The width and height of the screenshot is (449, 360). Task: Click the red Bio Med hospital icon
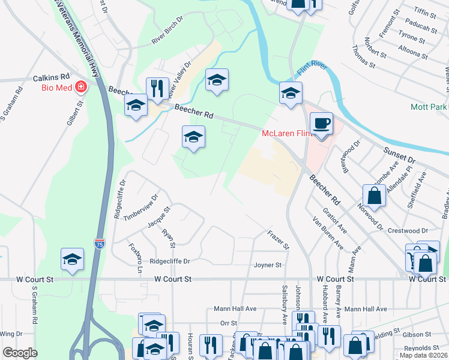coord(80,88)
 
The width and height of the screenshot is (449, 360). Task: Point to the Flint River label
coord(312,68)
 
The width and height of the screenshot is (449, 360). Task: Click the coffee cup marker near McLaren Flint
coord(322,123)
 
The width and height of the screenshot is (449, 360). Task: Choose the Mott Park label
coord(429,107)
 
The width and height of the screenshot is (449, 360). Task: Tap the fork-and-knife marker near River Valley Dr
coord(157,88)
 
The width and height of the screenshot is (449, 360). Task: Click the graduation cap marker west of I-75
coord(72,259)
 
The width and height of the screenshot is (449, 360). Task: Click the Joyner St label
coord(267,265)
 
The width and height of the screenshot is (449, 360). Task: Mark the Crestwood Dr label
coord(408,230)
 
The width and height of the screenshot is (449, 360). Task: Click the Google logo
coord(20,353)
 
